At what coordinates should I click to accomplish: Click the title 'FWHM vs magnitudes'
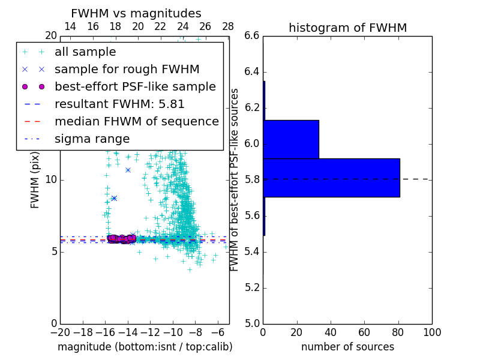[x=136, y=13]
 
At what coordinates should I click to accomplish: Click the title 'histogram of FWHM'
[x=347, y=28]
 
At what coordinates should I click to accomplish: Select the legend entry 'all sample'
[x=85, y=52]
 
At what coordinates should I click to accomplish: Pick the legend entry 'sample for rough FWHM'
[x=127, y=69]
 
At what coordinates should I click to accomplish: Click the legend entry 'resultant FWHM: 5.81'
[x=119, y=104]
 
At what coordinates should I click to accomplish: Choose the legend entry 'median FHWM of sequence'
[x=136, y=121]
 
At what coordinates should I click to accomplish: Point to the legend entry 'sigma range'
[x=92, y=139]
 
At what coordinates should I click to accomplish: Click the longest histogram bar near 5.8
[x=331, y=178]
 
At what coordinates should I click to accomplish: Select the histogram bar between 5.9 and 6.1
[x=291, y=139]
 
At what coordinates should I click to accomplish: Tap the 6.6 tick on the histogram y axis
[x=252, y=36]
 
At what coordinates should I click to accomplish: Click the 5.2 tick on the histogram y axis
[x=252, y=287]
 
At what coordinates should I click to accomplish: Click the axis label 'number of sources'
[x=347, y=347]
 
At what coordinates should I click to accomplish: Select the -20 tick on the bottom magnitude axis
[x=60, y=332]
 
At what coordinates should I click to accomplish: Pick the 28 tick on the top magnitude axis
[x=228, y=26]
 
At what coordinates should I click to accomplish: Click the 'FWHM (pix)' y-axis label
[x=35, y=179]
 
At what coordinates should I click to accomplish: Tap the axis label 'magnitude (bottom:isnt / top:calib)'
[x=145, y=347]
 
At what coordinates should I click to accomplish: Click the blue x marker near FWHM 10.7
[x=128, y=170]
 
